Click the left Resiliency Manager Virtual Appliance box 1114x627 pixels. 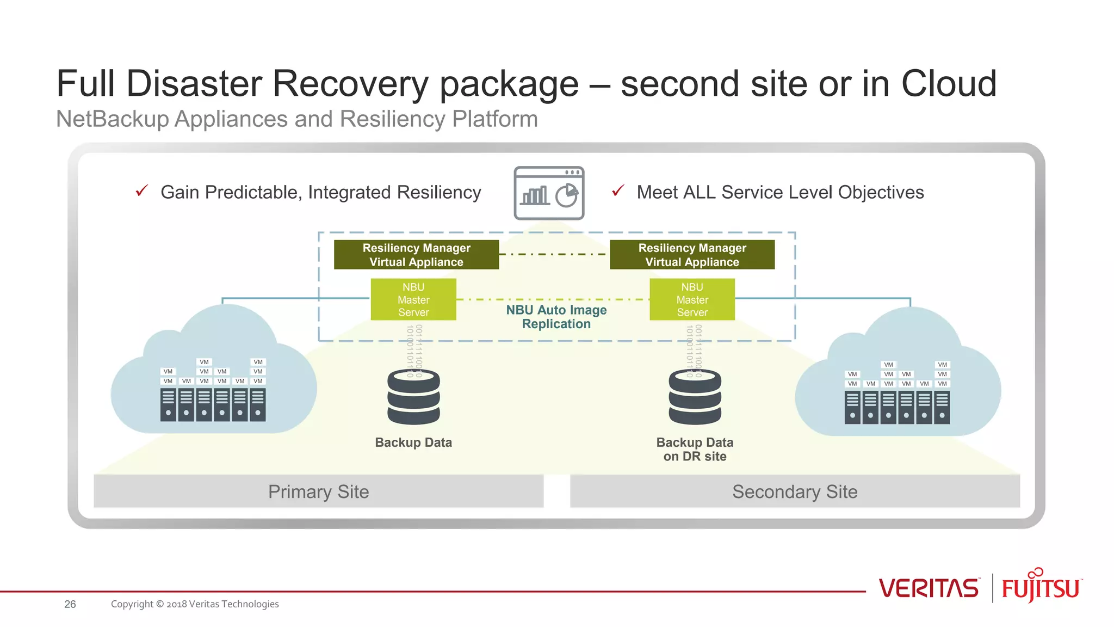click(x=416, y=255)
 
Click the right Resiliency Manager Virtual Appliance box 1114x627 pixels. click(x=692, y=255)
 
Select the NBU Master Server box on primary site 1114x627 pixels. click(x=413, y=299)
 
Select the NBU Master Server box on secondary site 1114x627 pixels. click(x=692, y=299)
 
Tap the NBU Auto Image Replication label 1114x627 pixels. click(x=556, y=317)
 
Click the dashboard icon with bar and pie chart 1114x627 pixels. click(x=549, y=193)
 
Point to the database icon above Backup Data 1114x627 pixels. click(x=413, y=397)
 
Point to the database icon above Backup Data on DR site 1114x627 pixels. click(x=695, y=397)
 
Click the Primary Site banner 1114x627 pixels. click(x=318, y=491)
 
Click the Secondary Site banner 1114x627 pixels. click(x=794, y=491)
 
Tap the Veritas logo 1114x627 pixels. click(x=929, y=588)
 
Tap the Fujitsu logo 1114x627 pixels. click(x=1041, y=587)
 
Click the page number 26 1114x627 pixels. click(x=70, y=604)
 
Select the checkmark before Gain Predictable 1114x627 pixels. click(x=142, y=190)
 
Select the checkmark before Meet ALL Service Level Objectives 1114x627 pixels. click(x=618, y=190)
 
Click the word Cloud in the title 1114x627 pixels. click(x=949, y=84)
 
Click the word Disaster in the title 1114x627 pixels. click(x=194, y=84)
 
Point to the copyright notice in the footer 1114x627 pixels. click(x=195, y=604)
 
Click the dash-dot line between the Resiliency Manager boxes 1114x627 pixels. click(x=554, y=254)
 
